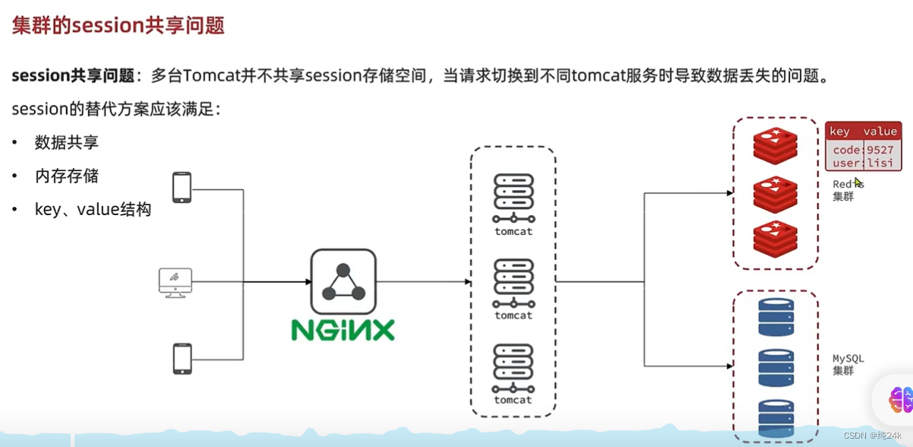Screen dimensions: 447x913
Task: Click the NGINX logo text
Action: (343, 329)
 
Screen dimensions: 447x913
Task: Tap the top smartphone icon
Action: (182, 188)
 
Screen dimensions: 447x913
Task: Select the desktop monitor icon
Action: (175, 282)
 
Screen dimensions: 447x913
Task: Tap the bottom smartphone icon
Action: (182, 359)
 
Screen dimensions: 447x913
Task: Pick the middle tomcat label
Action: (513, 315)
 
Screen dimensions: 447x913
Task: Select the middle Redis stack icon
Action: (775, 194)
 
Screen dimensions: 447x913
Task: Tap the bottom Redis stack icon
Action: (775, 238)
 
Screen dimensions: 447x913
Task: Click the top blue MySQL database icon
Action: (776, 316)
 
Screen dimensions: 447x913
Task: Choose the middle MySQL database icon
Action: (776, 368)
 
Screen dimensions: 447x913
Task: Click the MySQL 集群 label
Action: (848, 365)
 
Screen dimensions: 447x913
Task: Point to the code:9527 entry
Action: (863, 150)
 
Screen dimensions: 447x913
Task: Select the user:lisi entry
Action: (863, 163)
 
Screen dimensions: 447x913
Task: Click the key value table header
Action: (863, 132)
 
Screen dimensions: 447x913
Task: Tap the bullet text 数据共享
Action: (67, 142)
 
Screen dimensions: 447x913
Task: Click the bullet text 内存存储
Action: (67, 176)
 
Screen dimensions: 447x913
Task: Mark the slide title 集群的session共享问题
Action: (118, 25)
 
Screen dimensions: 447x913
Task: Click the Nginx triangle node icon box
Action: (343, 281)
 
